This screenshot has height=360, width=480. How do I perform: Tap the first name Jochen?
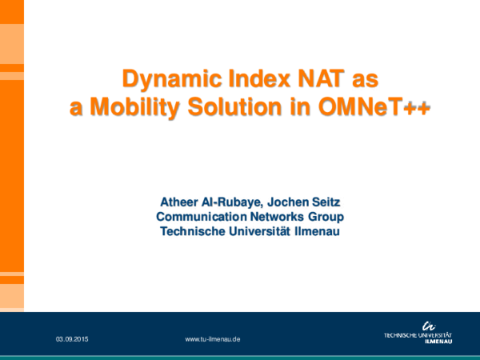(296, 200)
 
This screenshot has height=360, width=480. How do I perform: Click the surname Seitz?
(334, 200)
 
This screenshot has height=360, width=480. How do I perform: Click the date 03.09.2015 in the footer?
(72, 339)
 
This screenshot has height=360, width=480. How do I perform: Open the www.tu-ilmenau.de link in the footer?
(213, 339)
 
